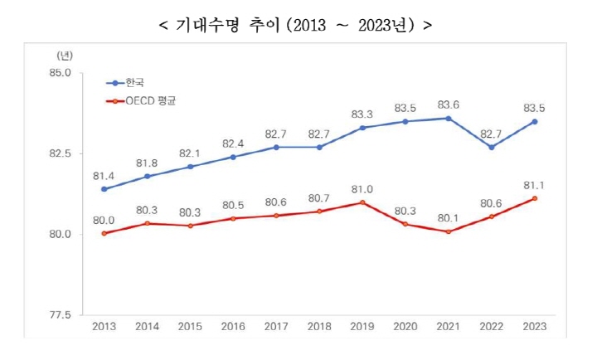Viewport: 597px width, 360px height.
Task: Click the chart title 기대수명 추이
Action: point(295,24)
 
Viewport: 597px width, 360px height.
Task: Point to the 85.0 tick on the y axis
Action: point(61,73)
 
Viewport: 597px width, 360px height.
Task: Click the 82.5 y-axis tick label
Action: point(61,153)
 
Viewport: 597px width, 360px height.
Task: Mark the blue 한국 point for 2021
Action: point(449,118)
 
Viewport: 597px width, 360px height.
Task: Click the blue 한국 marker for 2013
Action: point(104,189)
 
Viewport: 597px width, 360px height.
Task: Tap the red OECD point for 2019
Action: point(362,202)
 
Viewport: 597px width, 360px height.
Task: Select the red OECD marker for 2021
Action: point(449,231)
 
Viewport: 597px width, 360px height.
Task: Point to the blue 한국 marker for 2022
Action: point(492,147)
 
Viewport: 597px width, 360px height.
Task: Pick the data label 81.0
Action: point(362,187)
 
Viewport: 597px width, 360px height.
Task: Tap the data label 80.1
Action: point(449,217)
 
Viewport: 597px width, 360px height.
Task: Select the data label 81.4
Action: point(104,175)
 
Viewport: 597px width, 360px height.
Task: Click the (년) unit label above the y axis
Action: point(65,56)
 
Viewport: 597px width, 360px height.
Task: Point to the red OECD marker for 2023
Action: point(535,198)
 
